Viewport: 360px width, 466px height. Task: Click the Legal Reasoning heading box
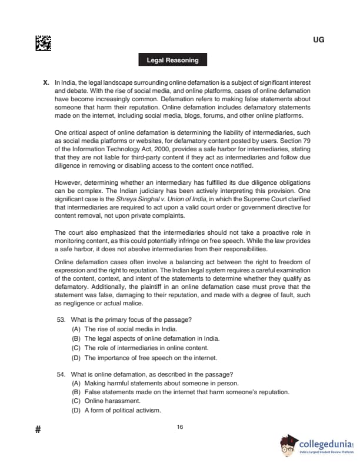(172, 60)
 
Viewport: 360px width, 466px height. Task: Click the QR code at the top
(43, 43)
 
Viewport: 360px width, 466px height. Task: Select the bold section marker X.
(46, 83)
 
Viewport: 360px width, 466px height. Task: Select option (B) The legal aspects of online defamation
(145, 338)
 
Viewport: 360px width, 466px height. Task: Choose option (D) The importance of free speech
(144, 357)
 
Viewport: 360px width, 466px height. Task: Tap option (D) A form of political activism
(116, 410)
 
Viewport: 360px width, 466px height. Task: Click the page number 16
(180, 427)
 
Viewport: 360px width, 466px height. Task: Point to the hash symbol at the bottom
(38, 430)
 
